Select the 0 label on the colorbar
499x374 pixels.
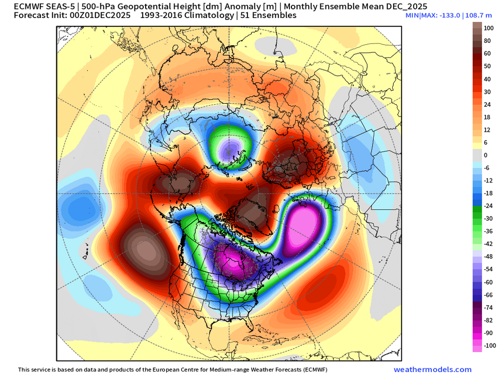coord(486,155)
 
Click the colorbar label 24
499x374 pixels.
coord(487,104)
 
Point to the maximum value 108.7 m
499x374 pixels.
coord(475,16)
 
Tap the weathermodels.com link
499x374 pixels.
coord(432,370)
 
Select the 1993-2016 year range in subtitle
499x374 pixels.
coord(162,16)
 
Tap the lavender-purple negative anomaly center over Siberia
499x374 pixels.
coord(232,148)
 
